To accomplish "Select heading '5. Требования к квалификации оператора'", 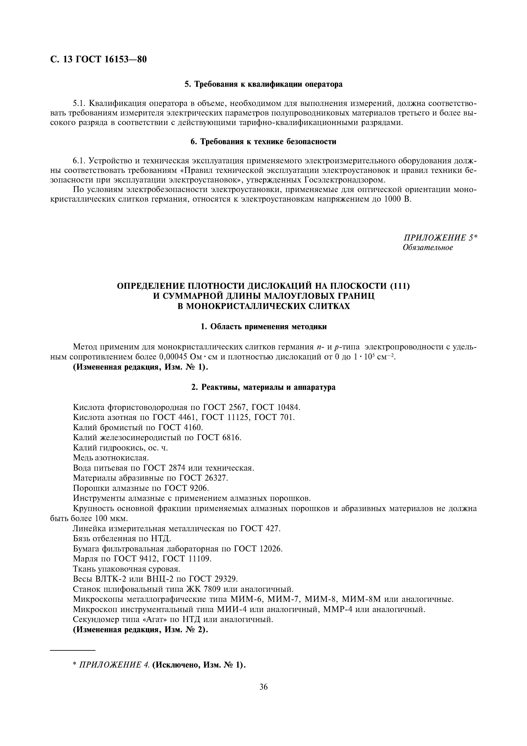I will click(x=263, y=84).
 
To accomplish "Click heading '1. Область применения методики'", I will click(x=263, y=327).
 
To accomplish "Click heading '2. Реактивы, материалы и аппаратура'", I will click(x=263, y=387).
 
